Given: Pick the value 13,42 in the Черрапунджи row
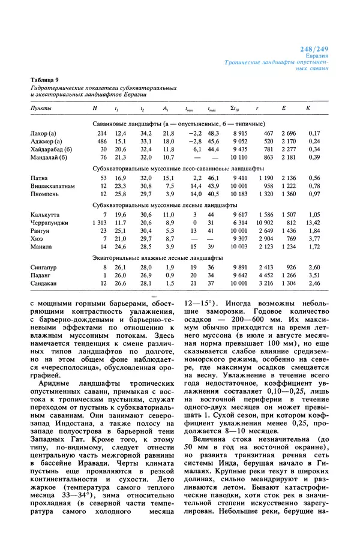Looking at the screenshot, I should pyautogui.click(x=311, y=222).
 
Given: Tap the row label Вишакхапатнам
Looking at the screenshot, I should pyautogui.click(x=52, y=186).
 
